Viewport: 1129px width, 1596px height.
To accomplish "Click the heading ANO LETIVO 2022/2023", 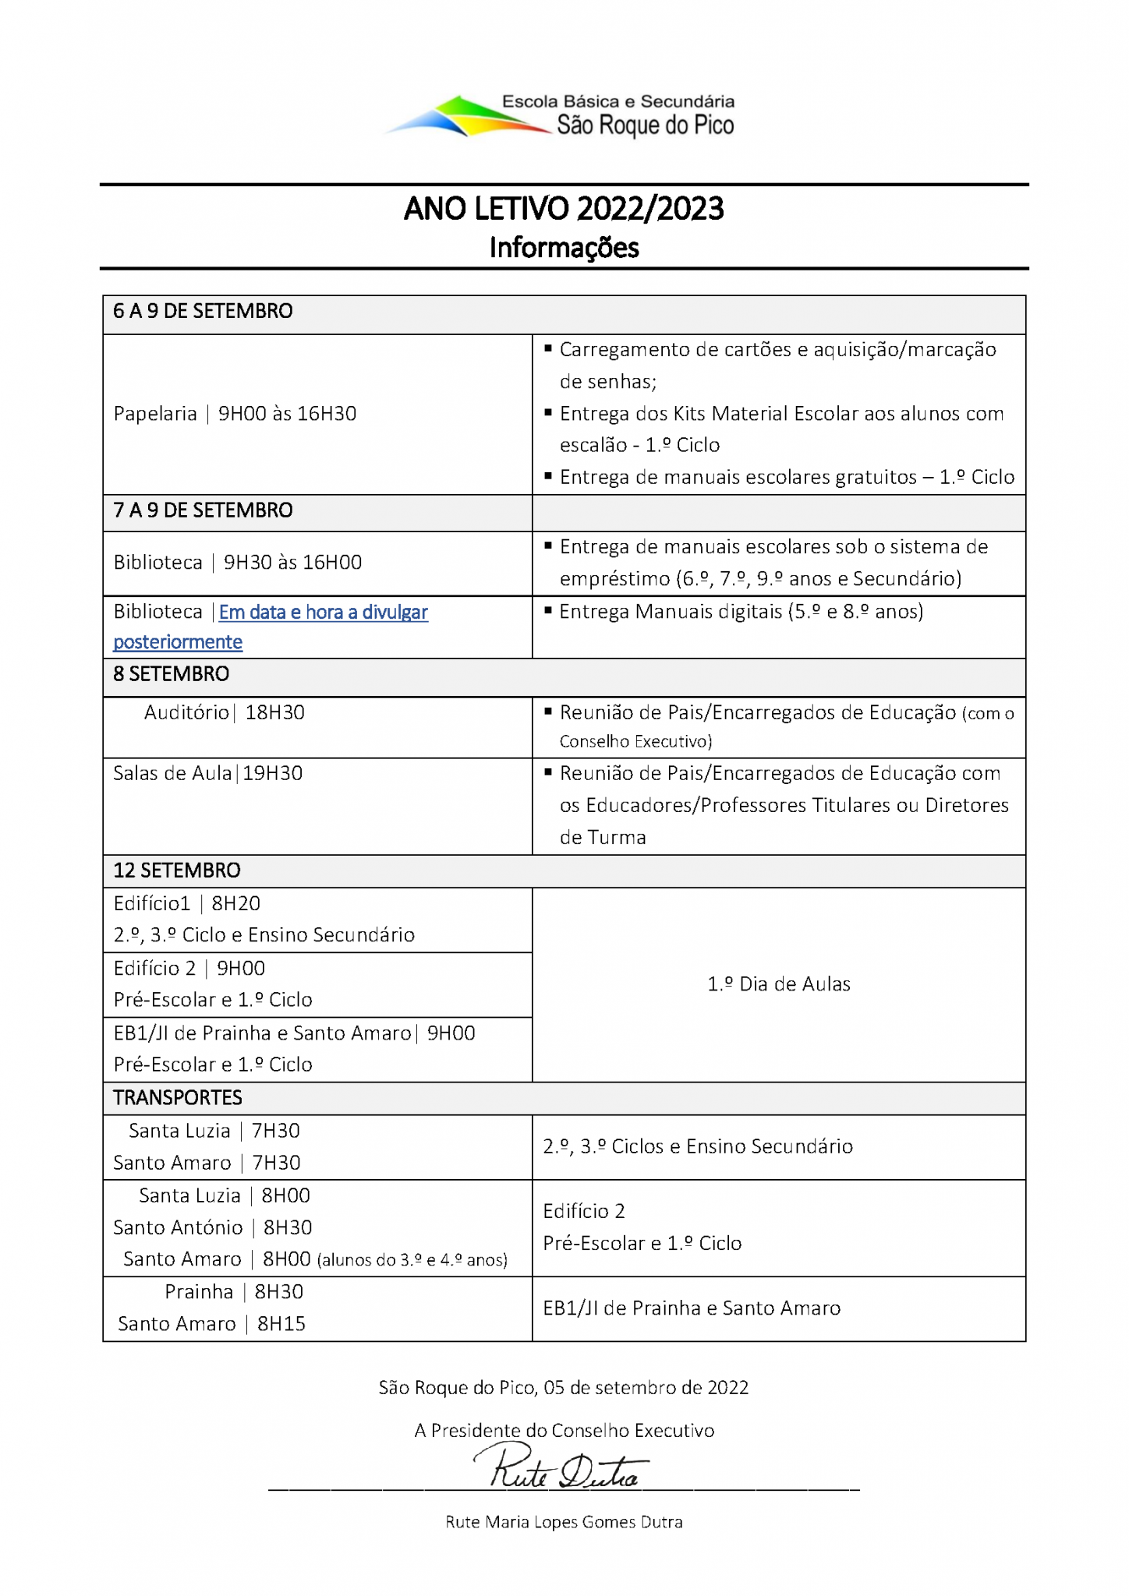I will (564, 209).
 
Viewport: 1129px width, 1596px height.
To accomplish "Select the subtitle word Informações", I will (564, 248).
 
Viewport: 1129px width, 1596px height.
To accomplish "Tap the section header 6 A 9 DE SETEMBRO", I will (203, 312).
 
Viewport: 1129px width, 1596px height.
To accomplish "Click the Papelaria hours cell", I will (235, 414).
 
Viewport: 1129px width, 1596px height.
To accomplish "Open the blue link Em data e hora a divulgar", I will (323, 613).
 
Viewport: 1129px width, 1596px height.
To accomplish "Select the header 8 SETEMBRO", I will (171, 674).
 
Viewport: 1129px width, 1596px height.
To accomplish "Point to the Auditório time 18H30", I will (274, 712).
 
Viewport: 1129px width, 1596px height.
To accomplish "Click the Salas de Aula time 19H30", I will (272, 773).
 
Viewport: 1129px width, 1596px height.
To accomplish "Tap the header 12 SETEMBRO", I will (176, 870).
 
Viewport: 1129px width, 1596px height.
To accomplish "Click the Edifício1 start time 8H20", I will (235, 903).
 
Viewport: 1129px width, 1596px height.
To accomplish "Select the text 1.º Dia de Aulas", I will (778, 984).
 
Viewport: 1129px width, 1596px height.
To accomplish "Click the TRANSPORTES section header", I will (177, 1098).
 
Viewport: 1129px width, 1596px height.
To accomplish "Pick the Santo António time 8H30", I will (287, 1227).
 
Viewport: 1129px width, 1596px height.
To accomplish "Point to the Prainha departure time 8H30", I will (278, 1292).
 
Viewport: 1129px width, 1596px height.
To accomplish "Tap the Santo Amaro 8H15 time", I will (281, 1324).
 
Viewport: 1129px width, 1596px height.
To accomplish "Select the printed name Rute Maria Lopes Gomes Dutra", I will (564, 1522).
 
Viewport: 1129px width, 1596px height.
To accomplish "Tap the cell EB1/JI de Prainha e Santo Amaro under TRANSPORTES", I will (692, 1308).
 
